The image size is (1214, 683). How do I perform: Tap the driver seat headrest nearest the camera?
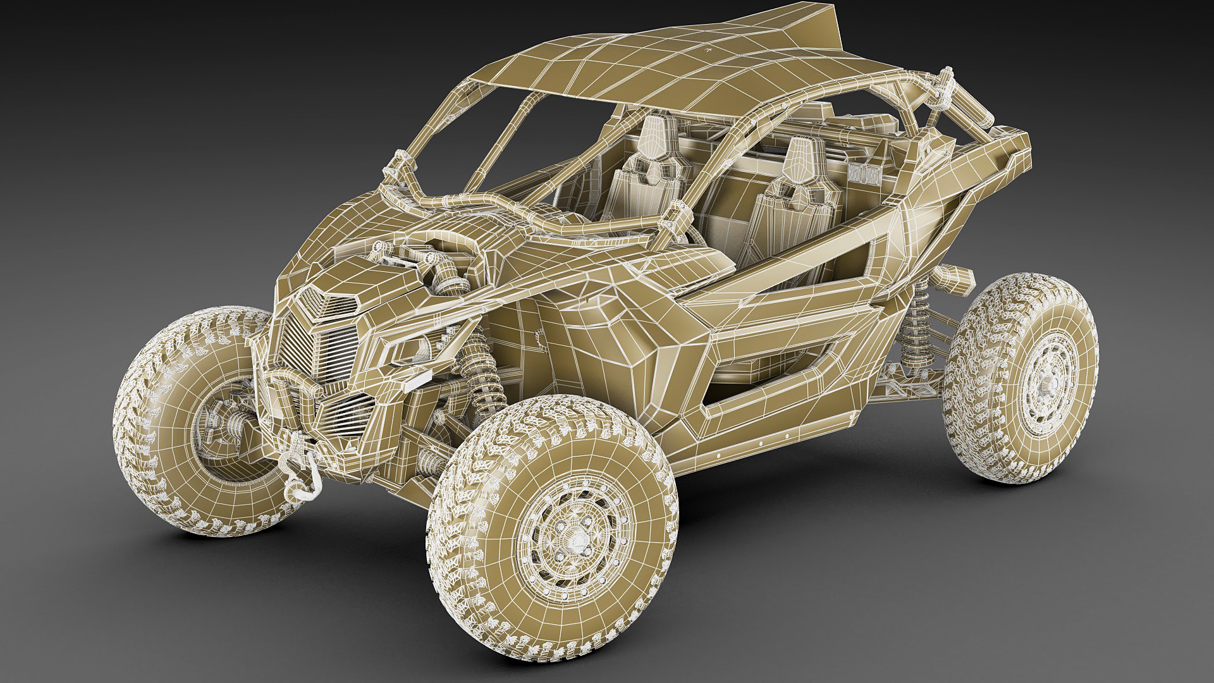click(800, 158)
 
